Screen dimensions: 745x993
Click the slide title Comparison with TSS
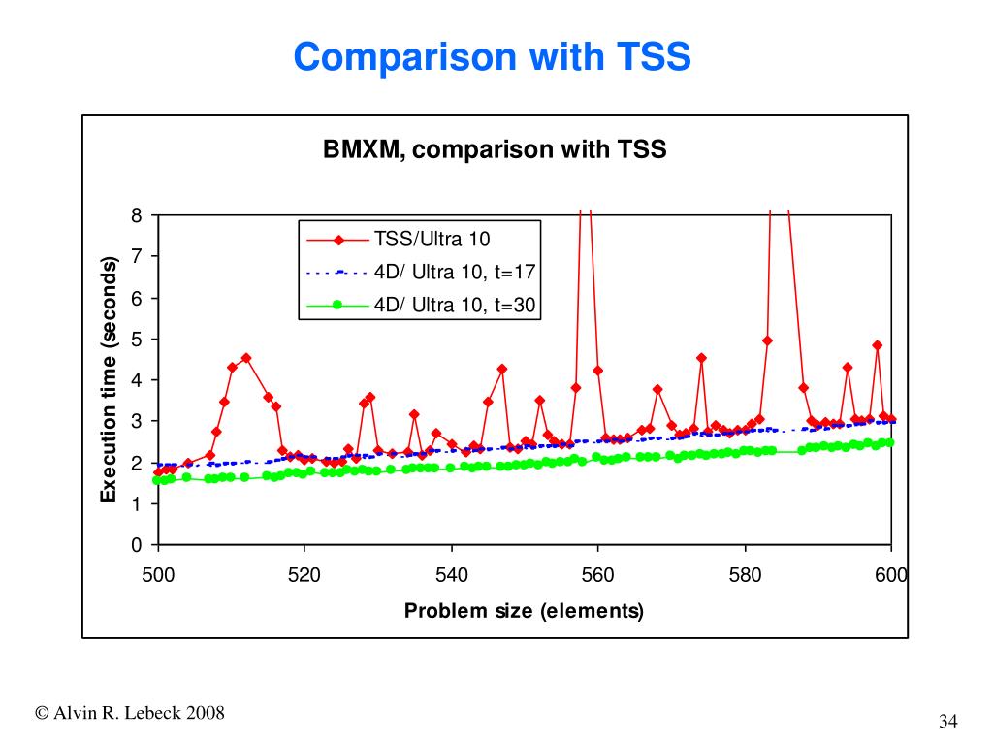[x=493, y=57]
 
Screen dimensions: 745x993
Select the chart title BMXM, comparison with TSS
[x=495, y=150]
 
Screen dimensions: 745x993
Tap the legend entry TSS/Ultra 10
[x=432, y=240]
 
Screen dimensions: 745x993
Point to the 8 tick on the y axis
[x=137, y=215]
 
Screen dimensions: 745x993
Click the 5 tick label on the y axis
[x=137, y=340]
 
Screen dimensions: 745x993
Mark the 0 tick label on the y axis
[x=137, y=545]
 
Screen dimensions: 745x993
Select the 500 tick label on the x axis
[x=158, y=575]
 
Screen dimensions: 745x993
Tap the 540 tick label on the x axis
[x=451, y=575]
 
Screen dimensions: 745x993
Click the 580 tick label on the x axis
[x=745, y=575]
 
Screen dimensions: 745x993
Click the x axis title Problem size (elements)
[x=524, y=611]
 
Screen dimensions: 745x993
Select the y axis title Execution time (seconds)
[x=109, y=380]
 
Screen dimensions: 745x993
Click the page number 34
[x=947, y=721]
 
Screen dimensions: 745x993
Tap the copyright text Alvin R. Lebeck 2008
[x=130, y=714]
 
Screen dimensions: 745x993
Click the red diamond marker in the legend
[x=337, y=241]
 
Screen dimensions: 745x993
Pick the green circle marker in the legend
[x=337, y=305]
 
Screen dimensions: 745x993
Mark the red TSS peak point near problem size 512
[x=246, y=357]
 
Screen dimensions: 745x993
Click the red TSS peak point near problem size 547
[x=502, y=369]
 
